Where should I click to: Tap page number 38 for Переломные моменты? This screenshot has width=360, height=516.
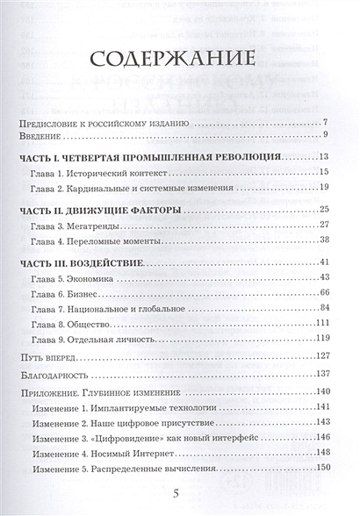[x=322, y=240]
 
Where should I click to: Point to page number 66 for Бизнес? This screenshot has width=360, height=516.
[x=322, y=292]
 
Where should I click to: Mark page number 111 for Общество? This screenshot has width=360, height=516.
[x=320, y=322]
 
